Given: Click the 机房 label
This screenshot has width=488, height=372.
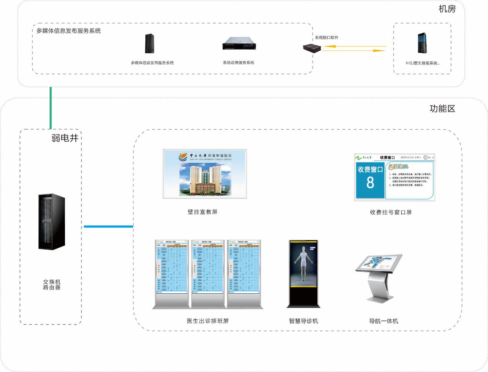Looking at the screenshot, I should [447, 9].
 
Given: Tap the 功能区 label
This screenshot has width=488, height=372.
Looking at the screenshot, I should [442, 109].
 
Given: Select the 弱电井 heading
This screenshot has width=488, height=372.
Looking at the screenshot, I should [65, 138].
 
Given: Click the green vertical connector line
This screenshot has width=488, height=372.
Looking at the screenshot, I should [50, 108].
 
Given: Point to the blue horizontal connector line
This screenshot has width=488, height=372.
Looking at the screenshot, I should [108, 227].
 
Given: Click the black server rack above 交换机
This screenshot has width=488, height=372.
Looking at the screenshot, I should [52, 222].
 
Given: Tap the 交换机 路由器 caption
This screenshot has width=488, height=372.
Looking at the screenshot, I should [52, 284].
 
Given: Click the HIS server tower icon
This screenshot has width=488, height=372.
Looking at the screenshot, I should [422, 43].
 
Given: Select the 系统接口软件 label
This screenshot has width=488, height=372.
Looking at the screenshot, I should [326, 38].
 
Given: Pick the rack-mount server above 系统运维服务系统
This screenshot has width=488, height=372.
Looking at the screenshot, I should [239, 43].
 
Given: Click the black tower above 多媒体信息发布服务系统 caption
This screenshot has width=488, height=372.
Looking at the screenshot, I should [150, 43].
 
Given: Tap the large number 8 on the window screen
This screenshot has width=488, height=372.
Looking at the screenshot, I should [370, 183].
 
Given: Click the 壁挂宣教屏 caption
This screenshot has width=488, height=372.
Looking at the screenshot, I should [202, 212].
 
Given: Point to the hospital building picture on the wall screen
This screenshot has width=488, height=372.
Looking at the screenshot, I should [205, 179].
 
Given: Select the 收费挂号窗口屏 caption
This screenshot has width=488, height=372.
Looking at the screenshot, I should [391, 212].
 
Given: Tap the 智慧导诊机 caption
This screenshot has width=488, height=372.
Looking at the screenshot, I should [303, 321].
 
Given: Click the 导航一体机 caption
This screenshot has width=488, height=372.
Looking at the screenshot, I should [383, 321].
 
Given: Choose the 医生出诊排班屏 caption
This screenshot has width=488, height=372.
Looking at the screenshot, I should [208, 321].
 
